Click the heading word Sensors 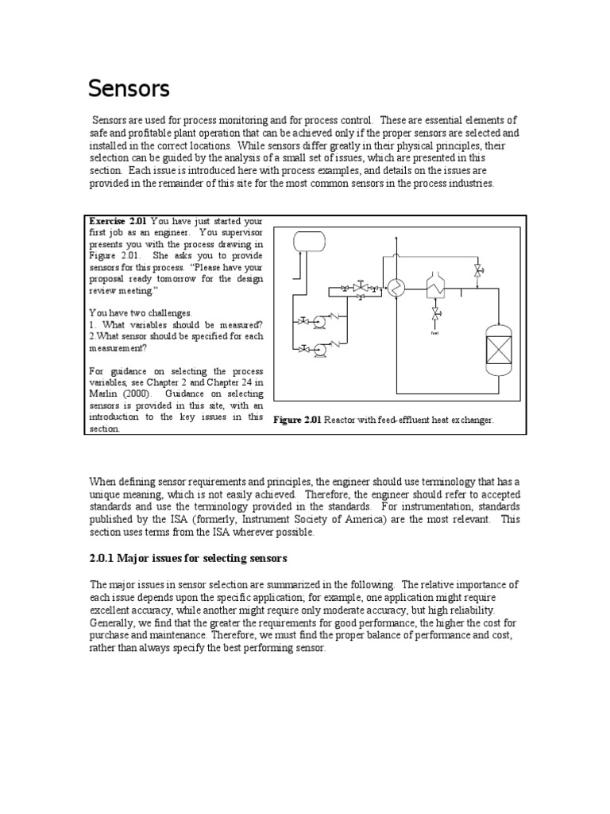128,88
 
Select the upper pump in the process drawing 319,321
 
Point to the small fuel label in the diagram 434,332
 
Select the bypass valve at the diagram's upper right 477,272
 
